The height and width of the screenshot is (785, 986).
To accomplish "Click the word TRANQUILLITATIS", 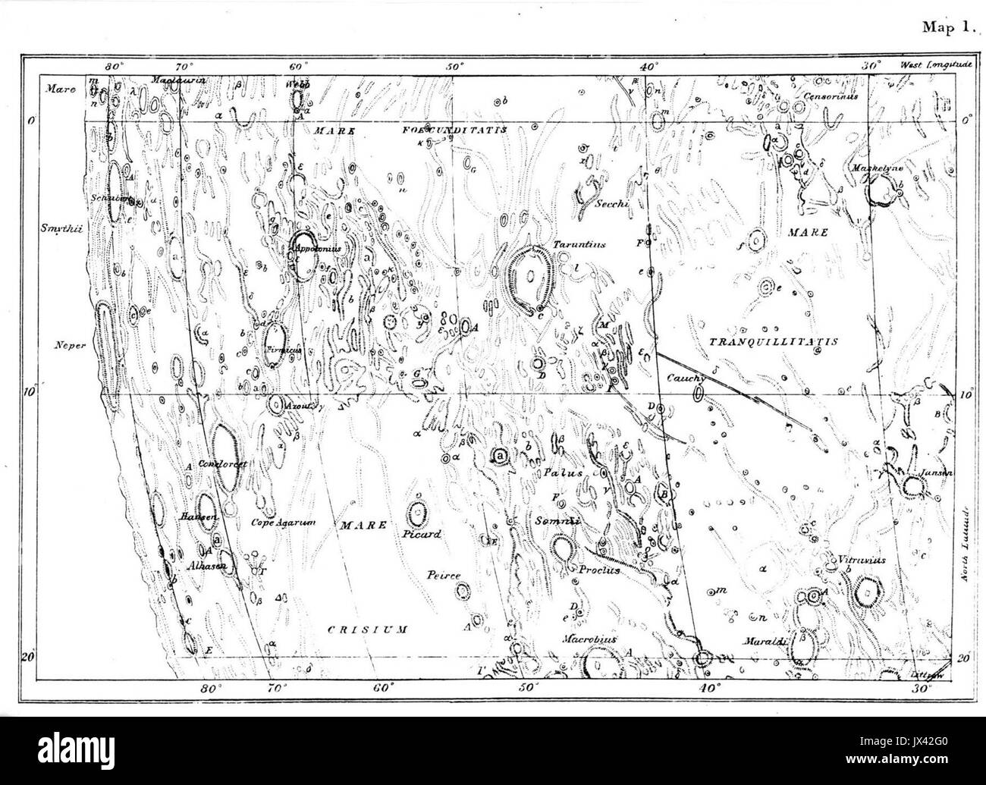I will click(772, 342).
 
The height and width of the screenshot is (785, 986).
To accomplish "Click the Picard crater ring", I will click(416, 513).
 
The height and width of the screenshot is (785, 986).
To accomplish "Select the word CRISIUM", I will click(367, 629).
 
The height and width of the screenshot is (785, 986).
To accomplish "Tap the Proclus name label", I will click(599, 570).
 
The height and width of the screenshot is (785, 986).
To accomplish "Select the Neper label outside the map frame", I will click(67, 344).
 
